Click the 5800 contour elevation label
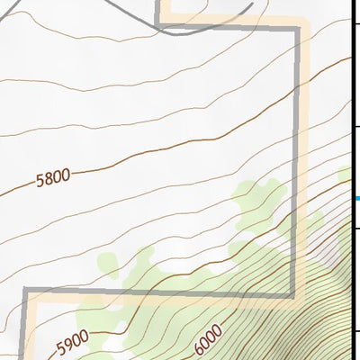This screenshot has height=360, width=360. coord(53,178)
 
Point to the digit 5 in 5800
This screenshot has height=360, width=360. coord(41,182)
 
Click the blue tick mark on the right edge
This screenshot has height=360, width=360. coord(356,199)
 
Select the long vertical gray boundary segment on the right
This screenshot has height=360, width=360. coord(296,162)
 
